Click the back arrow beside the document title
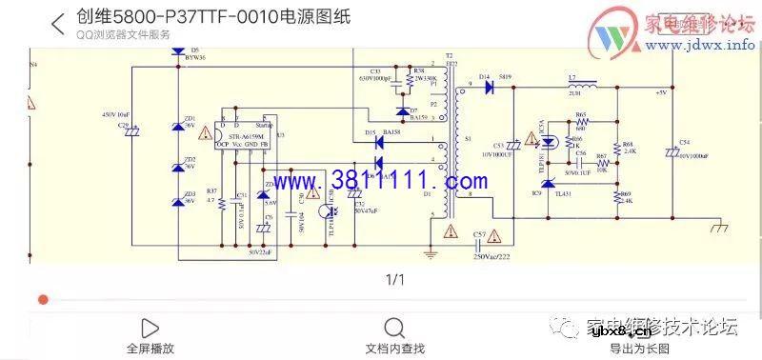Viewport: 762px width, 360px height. click(58, 23)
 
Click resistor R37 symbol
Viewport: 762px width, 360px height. click(222, 203)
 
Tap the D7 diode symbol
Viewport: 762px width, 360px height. click(403, 111)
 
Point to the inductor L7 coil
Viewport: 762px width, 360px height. click(575, 87)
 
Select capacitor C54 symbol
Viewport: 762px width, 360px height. click(673, 152)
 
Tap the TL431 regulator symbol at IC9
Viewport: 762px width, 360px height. click(547, 184)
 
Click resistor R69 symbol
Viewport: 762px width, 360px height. click(616, 197)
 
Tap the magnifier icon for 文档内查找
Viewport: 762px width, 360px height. click(394, 328)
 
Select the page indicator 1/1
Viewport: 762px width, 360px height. click(394, 279)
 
